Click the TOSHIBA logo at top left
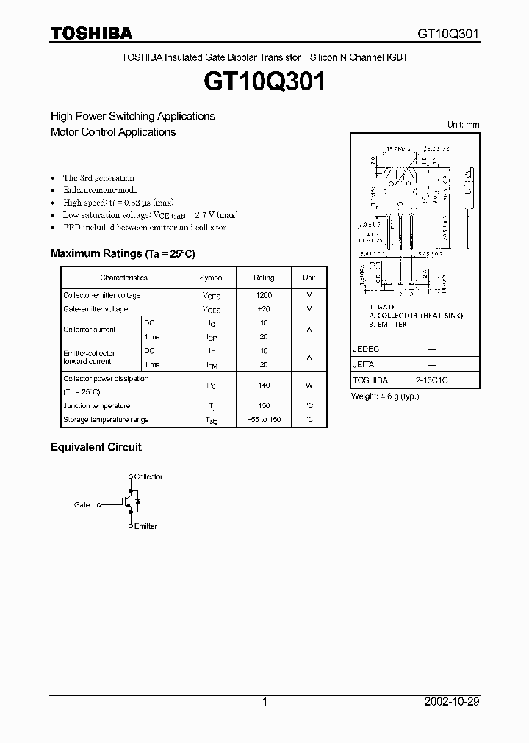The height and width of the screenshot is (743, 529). pyautogui.click(x=91, y=33)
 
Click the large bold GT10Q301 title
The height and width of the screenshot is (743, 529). pyautogui.click(x=264, y=81)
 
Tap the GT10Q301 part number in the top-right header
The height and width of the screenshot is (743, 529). pyautogui.click(x=448, y=34)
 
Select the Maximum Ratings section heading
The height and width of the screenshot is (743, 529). pyautogui.click(x=123, y=253)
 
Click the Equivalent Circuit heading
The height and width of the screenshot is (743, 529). pyautogui.click(x=96, y=446)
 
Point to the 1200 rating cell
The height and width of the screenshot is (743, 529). pyautogui.click(x=264, y=295)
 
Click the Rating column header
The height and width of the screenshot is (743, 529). pyautogui.click(x=264, y=278)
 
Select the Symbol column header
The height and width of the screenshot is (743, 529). pyautogui.click(x=212, y=278)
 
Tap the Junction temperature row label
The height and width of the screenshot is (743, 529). pyautogui.click(x=96, y=406)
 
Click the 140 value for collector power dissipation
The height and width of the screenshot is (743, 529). pyautogui.click(x=264, y=385)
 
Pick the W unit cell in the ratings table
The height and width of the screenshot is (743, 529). pyautogui.click(x=309, y=385)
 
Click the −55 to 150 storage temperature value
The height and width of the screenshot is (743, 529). pyautogui.click(x=264, y=420)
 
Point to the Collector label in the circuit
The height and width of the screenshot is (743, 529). pyautogui.click(x=148, y=477)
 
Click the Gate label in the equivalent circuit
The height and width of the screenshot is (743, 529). pyautogui.click(x=82, y=505)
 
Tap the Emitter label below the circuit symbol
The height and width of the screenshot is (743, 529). pyautogui.click(x=145, y=526)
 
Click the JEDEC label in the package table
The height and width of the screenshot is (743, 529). pyautogui.click(x=366, y=349)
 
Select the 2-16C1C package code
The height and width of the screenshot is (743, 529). pyautogui.click(x=431, y=380)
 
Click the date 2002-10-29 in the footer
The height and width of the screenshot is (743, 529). pyautogui.click(x=452, y=702)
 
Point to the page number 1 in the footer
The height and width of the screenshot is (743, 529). pyautogui.click(x=264, y=702)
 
